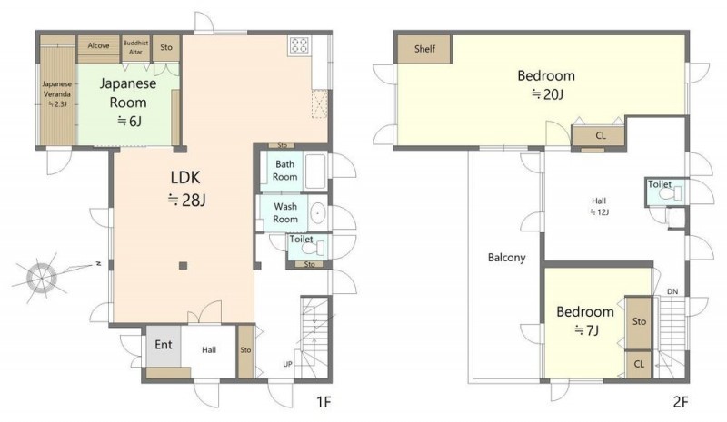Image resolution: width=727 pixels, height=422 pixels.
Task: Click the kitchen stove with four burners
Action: [300, 45]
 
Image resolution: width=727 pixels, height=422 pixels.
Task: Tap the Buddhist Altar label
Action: [135, 47]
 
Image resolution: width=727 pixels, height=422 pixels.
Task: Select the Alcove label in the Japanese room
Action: [98, 45]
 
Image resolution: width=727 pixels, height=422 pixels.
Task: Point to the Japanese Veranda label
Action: [57, 94]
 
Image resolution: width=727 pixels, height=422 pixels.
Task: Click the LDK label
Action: [185, 177]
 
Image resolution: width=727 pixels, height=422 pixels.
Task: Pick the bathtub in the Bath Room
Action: [315, 172]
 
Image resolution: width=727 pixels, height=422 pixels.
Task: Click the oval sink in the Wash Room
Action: [317, 213]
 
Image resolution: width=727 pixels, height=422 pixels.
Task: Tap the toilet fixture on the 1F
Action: [313, 250]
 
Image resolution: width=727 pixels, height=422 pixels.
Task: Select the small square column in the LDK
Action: [184, 265]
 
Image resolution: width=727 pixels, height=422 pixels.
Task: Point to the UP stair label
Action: [287, 364]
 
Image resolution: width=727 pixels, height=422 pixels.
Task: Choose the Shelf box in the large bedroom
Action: [424, 49]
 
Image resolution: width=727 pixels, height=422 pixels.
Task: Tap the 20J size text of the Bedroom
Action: [547, 94]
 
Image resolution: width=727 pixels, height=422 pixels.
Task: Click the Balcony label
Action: [507, 258]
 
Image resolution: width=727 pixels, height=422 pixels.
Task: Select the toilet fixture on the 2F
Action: [671, 193]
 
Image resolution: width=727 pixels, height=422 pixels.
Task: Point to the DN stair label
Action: [672, 291]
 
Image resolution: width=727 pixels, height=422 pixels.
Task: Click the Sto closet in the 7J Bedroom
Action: [639, 322]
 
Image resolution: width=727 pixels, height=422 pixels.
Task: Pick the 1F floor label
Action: [324, 402]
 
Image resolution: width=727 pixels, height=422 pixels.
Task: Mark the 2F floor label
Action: [681, 402]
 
